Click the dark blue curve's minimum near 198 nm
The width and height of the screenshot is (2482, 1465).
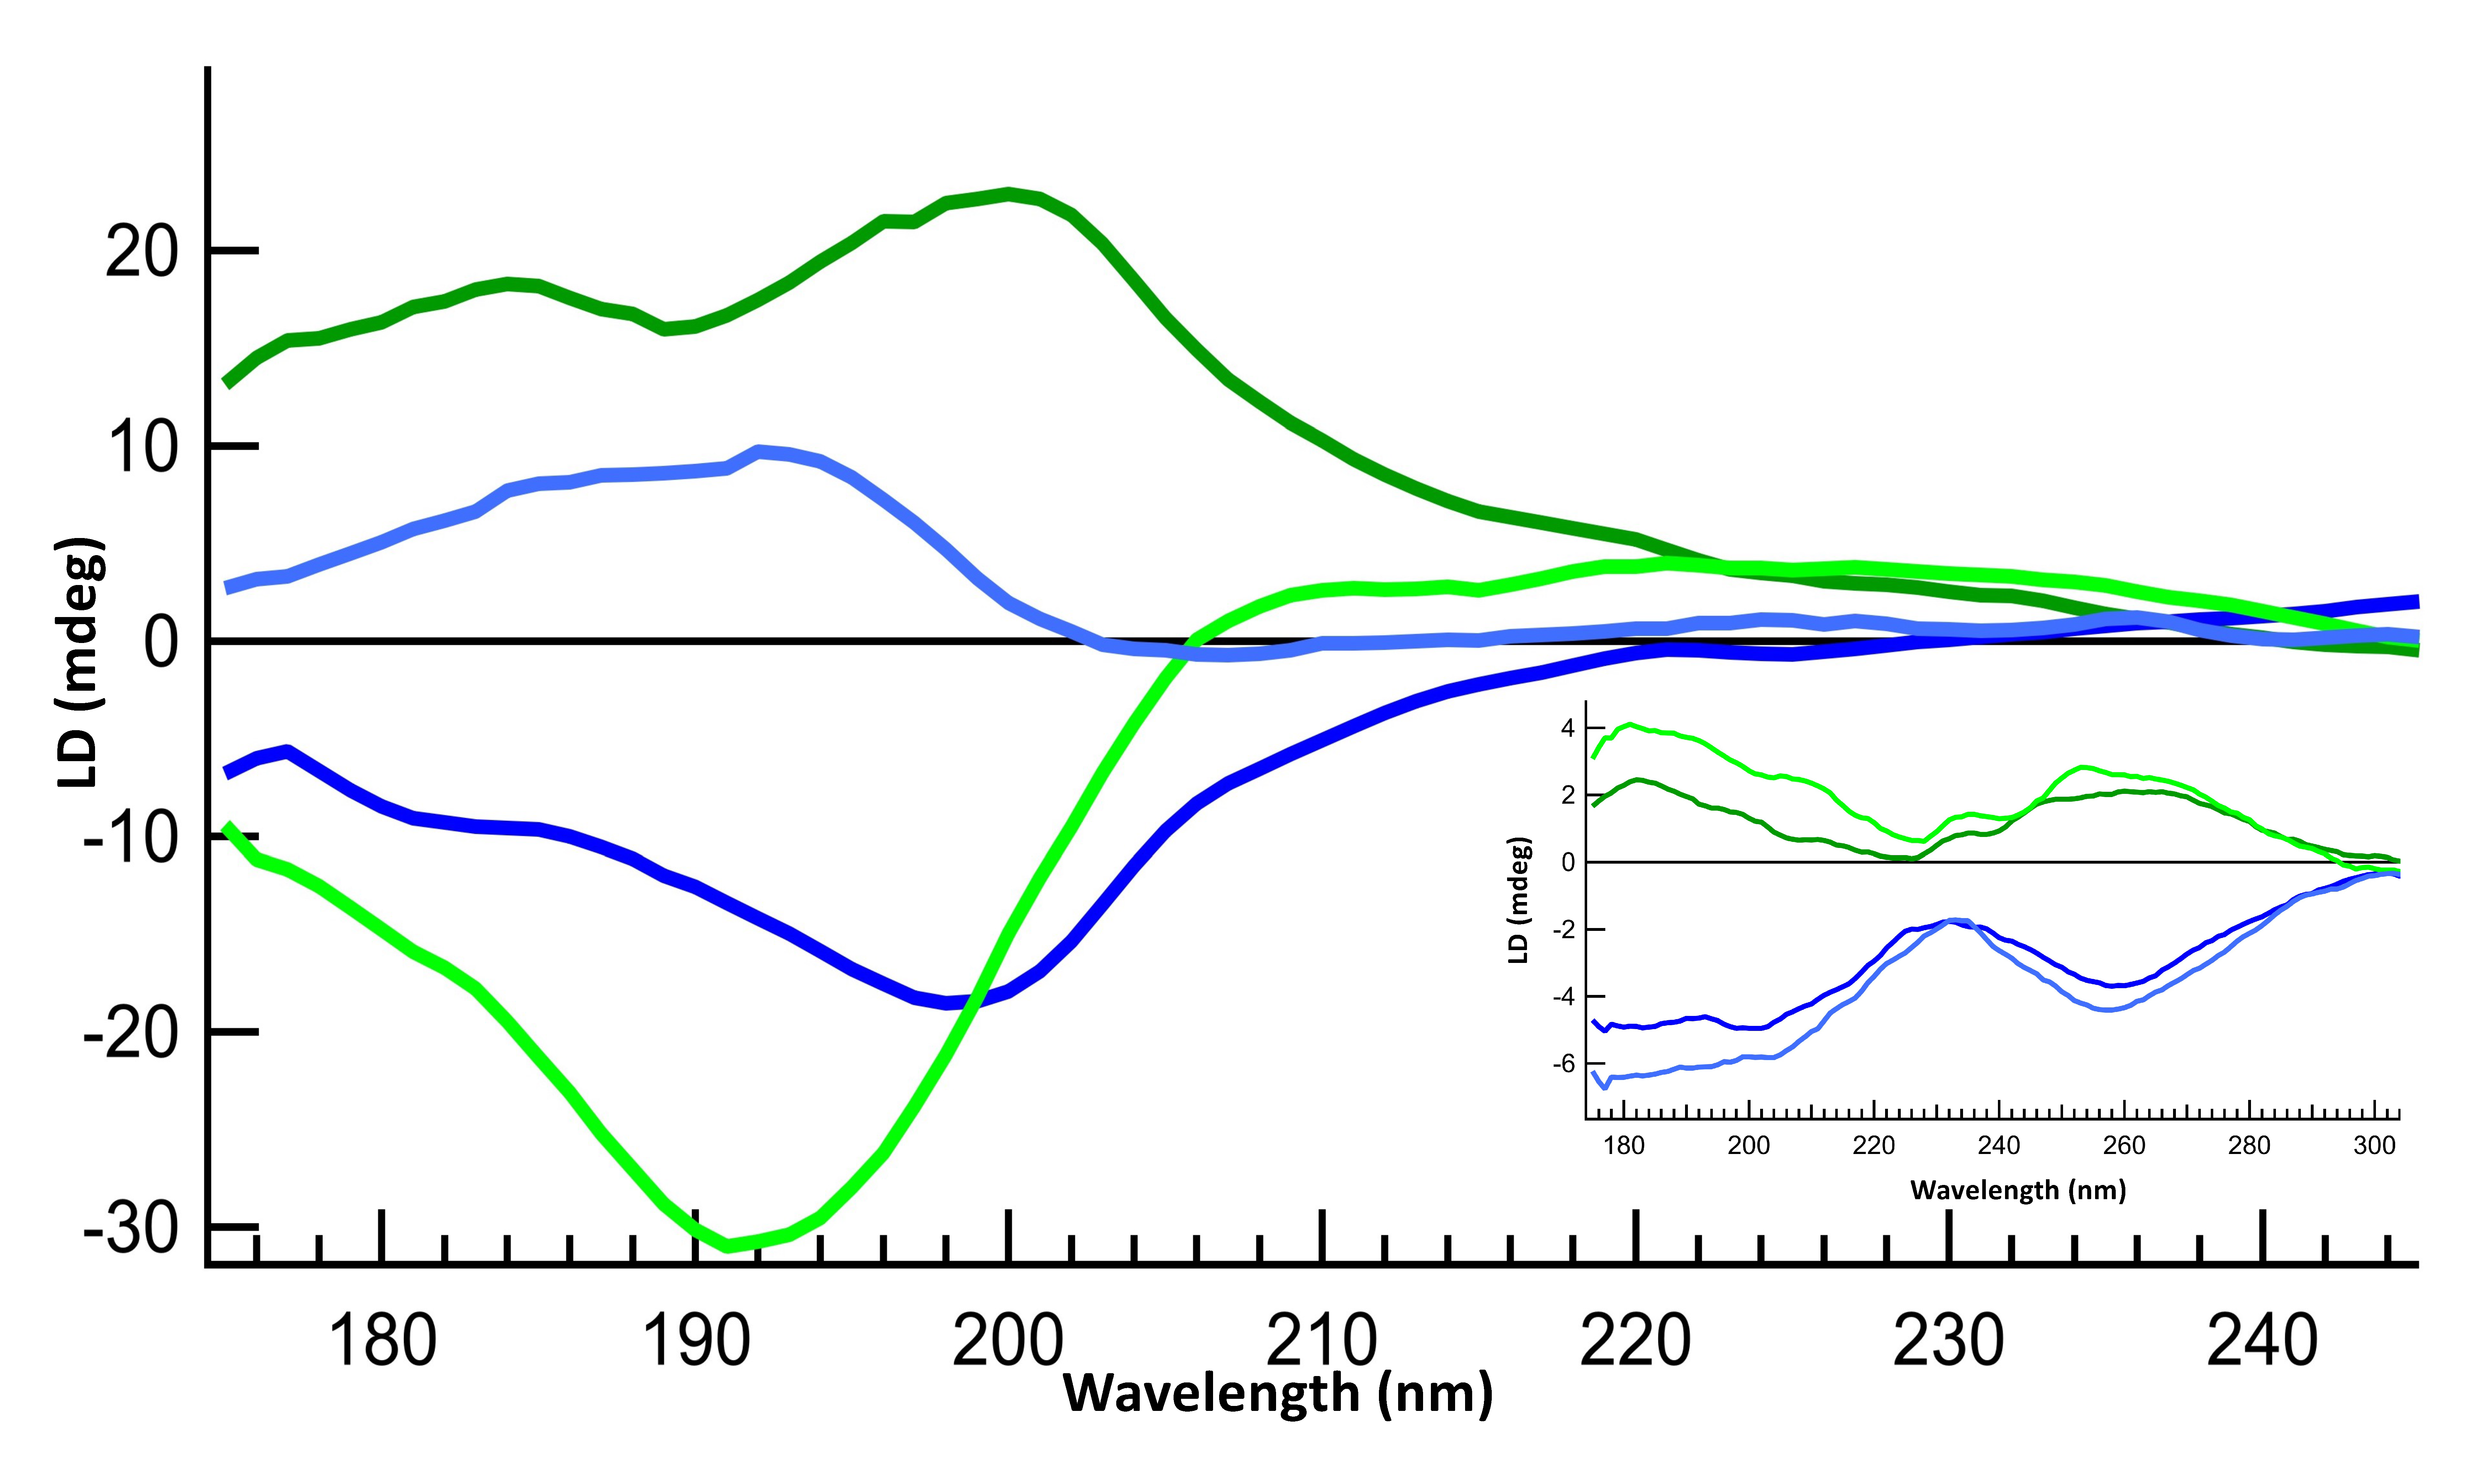948,1003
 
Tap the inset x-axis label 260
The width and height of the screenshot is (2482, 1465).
2124,1146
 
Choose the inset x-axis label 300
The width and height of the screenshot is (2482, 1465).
2375,1146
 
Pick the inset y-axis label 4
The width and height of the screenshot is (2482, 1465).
1568,728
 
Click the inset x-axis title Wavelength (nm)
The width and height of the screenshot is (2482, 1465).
2018,1190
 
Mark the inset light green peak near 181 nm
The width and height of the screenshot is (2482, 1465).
1629,724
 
